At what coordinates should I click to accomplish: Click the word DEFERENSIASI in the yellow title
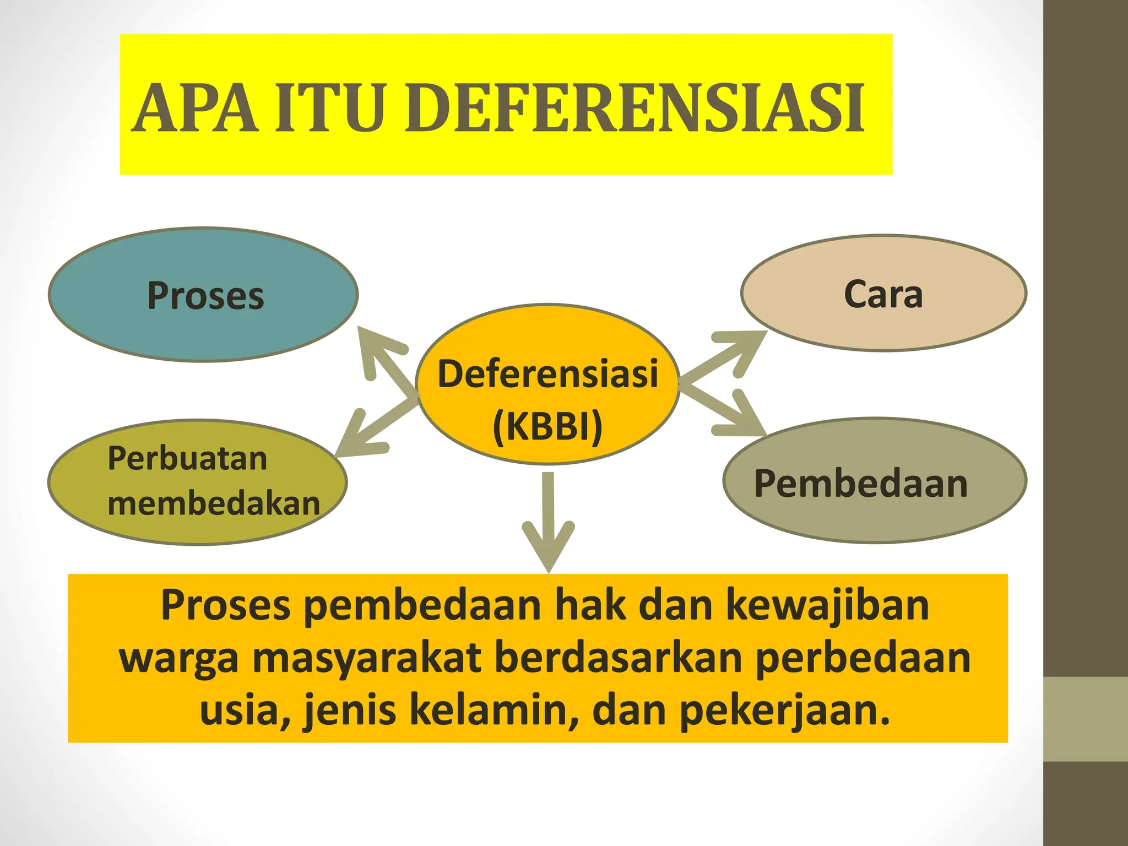[634, 108]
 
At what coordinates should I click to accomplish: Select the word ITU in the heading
[329, 108]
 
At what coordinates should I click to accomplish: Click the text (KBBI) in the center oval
[547, 426]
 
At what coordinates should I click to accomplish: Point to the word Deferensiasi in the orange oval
[547, 374]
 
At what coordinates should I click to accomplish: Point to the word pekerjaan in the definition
[784, 710]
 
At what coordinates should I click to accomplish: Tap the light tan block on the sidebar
[1086, 719]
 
